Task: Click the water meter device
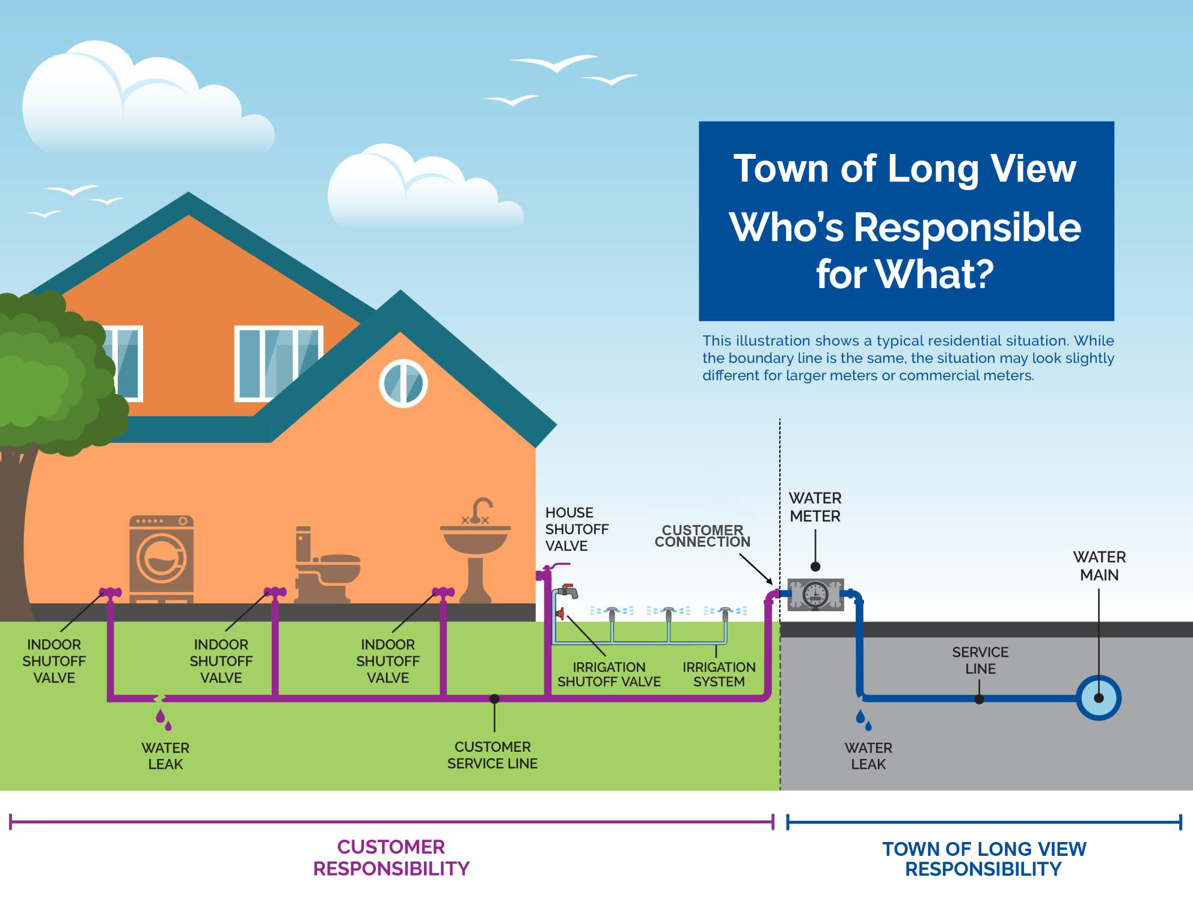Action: pyautogui.click(x=816, y=594)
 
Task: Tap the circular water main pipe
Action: pyautogui.click(x=1099, y=698)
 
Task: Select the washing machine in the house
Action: pyautogui.click(x=161, y=559)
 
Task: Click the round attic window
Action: pyautogui.click(x=403, y=384)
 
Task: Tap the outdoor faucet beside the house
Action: pyautogui.click(x=568, y=591)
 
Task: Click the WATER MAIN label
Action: pyautogui.click(x=1099, y=566)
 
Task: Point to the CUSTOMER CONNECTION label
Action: pyautogui.click(x=702, y=536)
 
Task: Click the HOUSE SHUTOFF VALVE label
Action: pyautogui.click(x=577, y=529)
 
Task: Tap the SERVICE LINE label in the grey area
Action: pyautogui.click(x=980, y=660)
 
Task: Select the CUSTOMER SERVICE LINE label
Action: pyautogui.click(x=492, y=755)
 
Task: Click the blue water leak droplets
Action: pyautogui.click(x=864, y=719)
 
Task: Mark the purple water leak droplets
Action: pyautogui.click(x=164, y=719)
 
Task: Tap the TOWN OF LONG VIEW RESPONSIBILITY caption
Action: pyautogui.click(x=984, y=859)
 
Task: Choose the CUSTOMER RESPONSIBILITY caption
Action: pyautogui.click(x=391, y=858)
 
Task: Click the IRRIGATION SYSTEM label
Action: pyautogui.click(x=719, y=674)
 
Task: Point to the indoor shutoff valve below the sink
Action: pyautogui.click(x=443, y=592)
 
